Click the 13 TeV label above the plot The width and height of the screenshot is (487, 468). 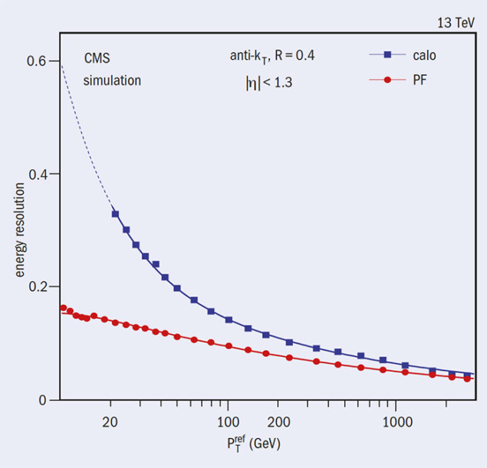tap(456, 23)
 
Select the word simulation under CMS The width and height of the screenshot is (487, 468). tap(112, 80)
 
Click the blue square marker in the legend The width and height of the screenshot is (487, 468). tap(387, 54)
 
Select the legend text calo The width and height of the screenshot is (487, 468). tap(426, 54)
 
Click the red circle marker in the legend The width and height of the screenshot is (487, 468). tap(387, 80)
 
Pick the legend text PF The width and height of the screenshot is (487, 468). tap(420, 80)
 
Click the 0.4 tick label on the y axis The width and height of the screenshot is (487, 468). tap(37, 174)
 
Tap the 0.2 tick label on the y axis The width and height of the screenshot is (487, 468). tap(37, 287)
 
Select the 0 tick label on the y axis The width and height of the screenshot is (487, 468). tap(43, 400)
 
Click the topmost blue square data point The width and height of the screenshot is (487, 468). tap(115, 214)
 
